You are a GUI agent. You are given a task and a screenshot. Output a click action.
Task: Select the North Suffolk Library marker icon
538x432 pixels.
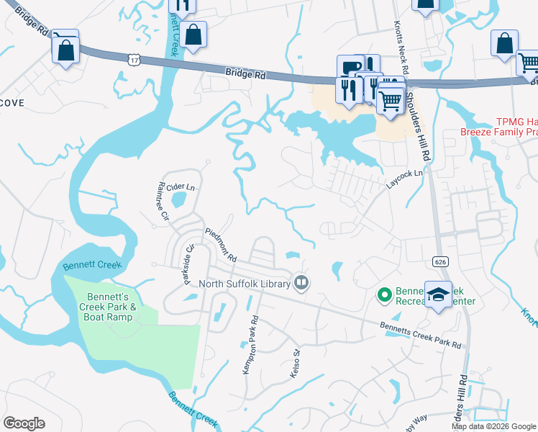[x=301, y=283]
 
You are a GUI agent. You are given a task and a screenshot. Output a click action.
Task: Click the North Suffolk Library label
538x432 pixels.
[x=245, y=284]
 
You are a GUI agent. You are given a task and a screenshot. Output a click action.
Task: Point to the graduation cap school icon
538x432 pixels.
[x=437, y=295]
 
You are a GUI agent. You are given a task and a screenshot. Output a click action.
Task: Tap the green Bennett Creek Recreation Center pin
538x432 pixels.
[x=384, y=294]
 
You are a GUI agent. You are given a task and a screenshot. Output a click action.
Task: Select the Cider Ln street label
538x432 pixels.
[x=181, y=186]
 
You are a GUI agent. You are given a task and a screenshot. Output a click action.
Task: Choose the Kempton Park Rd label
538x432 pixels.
[x=247, y=345]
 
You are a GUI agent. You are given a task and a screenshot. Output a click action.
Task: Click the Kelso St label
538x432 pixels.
[x=295, y=363]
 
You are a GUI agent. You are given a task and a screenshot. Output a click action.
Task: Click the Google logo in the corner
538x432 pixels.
[x=24, y=423]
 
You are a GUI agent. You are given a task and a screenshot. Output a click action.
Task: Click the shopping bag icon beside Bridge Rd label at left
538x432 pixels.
[x=65, y=50]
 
